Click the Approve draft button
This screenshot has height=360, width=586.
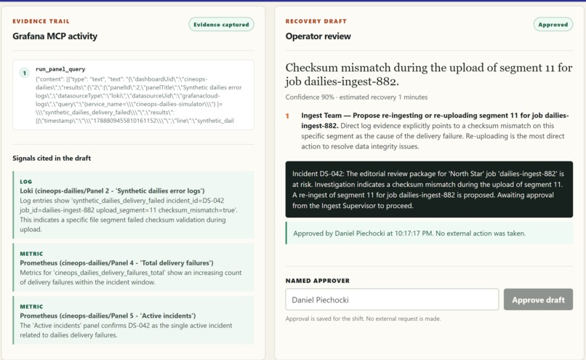[x=538, y=300]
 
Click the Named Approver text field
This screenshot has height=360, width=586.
[x=392, y=300]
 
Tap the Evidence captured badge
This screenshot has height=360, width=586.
[x=221, y=25]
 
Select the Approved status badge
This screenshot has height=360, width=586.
[x=553, y=25]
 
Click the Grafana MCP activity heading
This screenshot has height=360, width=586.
[x=55, y=36]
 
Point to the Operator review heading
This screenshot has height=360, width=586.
[x=318, y=36]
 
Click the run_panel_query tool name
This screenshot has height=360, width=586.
[x=60, y=69]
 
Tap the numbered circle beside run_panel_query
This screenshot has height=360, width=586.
[x=25, y=73]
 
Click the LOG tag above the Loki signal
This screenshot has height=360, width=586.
[x=25, y=181]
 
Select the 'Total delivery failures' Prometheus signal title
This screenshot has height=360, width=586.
[x=116, y=263]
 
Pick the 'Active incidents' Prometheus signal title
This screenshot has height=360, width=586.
[x=108, y=316]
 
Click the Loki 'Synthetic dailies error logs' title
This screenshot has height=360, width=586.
[x=112, y=191]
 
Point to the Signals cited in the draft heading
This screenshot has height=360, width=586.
[x=52, y=158]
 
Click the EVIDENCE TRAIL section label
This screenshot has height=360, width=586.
[x=41, y=21]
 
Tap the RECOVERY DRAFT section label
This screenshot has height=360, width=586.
[x=316, y=21]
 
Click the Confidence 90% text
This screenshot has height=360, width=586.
[x=310, y=97]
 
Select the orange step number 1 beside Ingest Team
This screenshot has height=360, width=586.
[x=287, y=116]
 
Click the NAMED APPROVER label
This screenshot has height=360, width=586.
[x=318, y=281]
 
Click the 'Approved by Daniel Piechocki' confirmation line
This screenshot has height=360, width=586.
[x=409, y=233]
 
